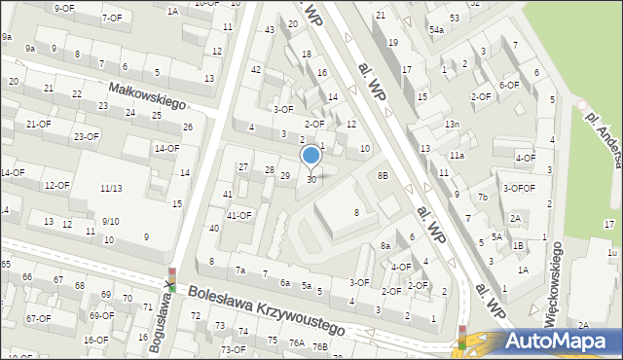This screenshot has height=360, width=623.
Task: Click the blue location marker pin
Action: point(311,156)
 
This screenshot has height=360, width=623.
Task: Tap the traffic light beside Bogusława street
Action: point(170,280)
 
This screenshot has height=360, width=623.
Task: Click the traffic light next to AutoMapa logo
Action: point(462,337)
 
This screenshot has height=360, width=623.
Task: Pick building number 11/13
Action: point(110,188)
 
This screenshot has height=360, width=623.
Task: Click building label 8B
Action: point(383,175)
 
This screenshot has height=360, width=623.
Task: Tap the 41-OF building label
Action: point(238,215)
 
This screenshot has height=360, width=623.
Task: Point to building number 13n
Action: point(452,125)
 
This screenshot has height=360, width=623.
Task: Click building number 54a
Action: point(437,30)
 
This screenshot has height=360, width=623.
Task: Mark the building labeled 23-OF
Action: point(86,136)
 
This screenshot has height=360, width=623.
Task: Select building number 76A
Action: point(296,343)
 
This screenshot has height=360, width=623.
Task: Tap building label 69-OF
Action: point(101,315)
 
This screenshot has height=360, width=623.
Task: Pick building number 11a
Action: point(457,156)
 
